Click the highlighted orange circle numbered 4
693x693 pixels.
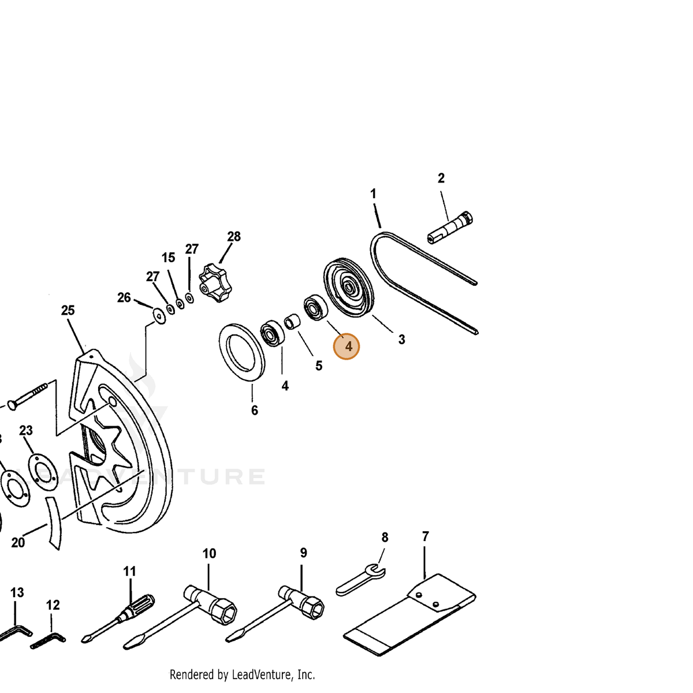tap(346, 346)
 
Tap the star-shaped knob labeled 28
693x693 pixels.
tap(215, 282)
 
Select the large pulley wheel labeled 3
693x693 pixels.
tap(348, 288)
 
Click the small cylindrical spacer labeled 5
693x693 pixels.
tap(292, 321)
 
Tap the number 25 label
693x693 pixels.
tap(68, 310)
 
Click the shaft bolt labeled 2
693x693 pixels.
tap(449, 228)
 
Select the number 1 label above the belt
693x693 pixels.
tap(373, 193)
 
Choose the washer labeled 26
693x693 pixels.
tap(159, 316)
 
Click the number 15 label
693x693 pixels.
tap(168, 258)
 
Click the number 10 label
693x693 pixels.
tap(209, 553)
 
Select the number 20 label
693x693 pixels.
tap(18, 543)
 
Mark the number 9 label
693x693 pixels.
tap(304, 553)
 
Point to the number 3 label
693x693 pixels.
tap(402, 339)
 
